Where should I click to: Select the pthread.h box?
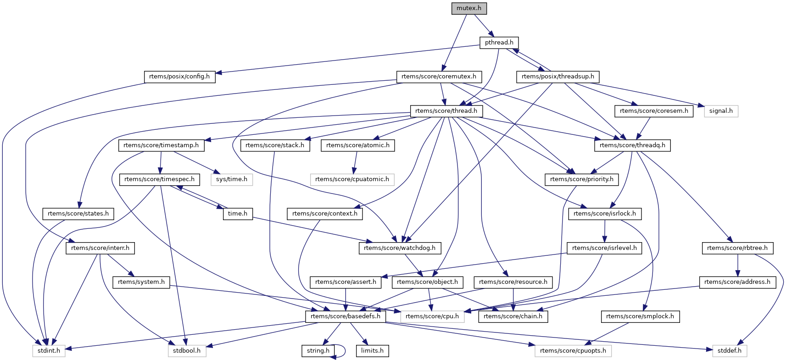tap(499, 43)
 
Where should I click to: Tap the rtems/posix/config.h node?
tap(179, 77)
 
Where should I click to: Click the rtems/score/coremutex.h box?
tap(439, 77)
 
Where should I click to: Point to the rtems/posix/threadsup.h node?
tap(558, 77)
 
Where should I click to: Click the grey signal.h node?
tap(721, 111)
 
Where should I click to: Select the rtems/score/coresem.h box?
tap(654, 111)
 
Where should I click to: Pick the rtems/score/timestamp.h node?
tap(161, 145)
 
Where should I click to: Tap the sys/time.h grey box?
tap(232, 179)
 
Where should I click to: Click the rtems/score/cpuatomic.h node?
tap(352, 179)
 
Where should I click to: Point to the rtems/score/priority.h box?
tap(582, 179)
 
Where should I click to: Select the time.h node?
tap(238, 214)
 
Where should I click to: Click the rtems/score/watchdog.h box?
tap(400, 248)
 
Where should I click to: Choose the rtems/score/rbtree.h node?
tap(737, 248)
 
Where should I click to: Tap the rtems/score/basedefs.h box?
tap(346, 316)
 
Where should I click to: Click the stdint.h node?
tap(49, 351)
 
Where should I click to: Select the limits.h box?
tap(372, 351)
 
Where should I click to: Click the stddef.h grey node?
tap(730, 351)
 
